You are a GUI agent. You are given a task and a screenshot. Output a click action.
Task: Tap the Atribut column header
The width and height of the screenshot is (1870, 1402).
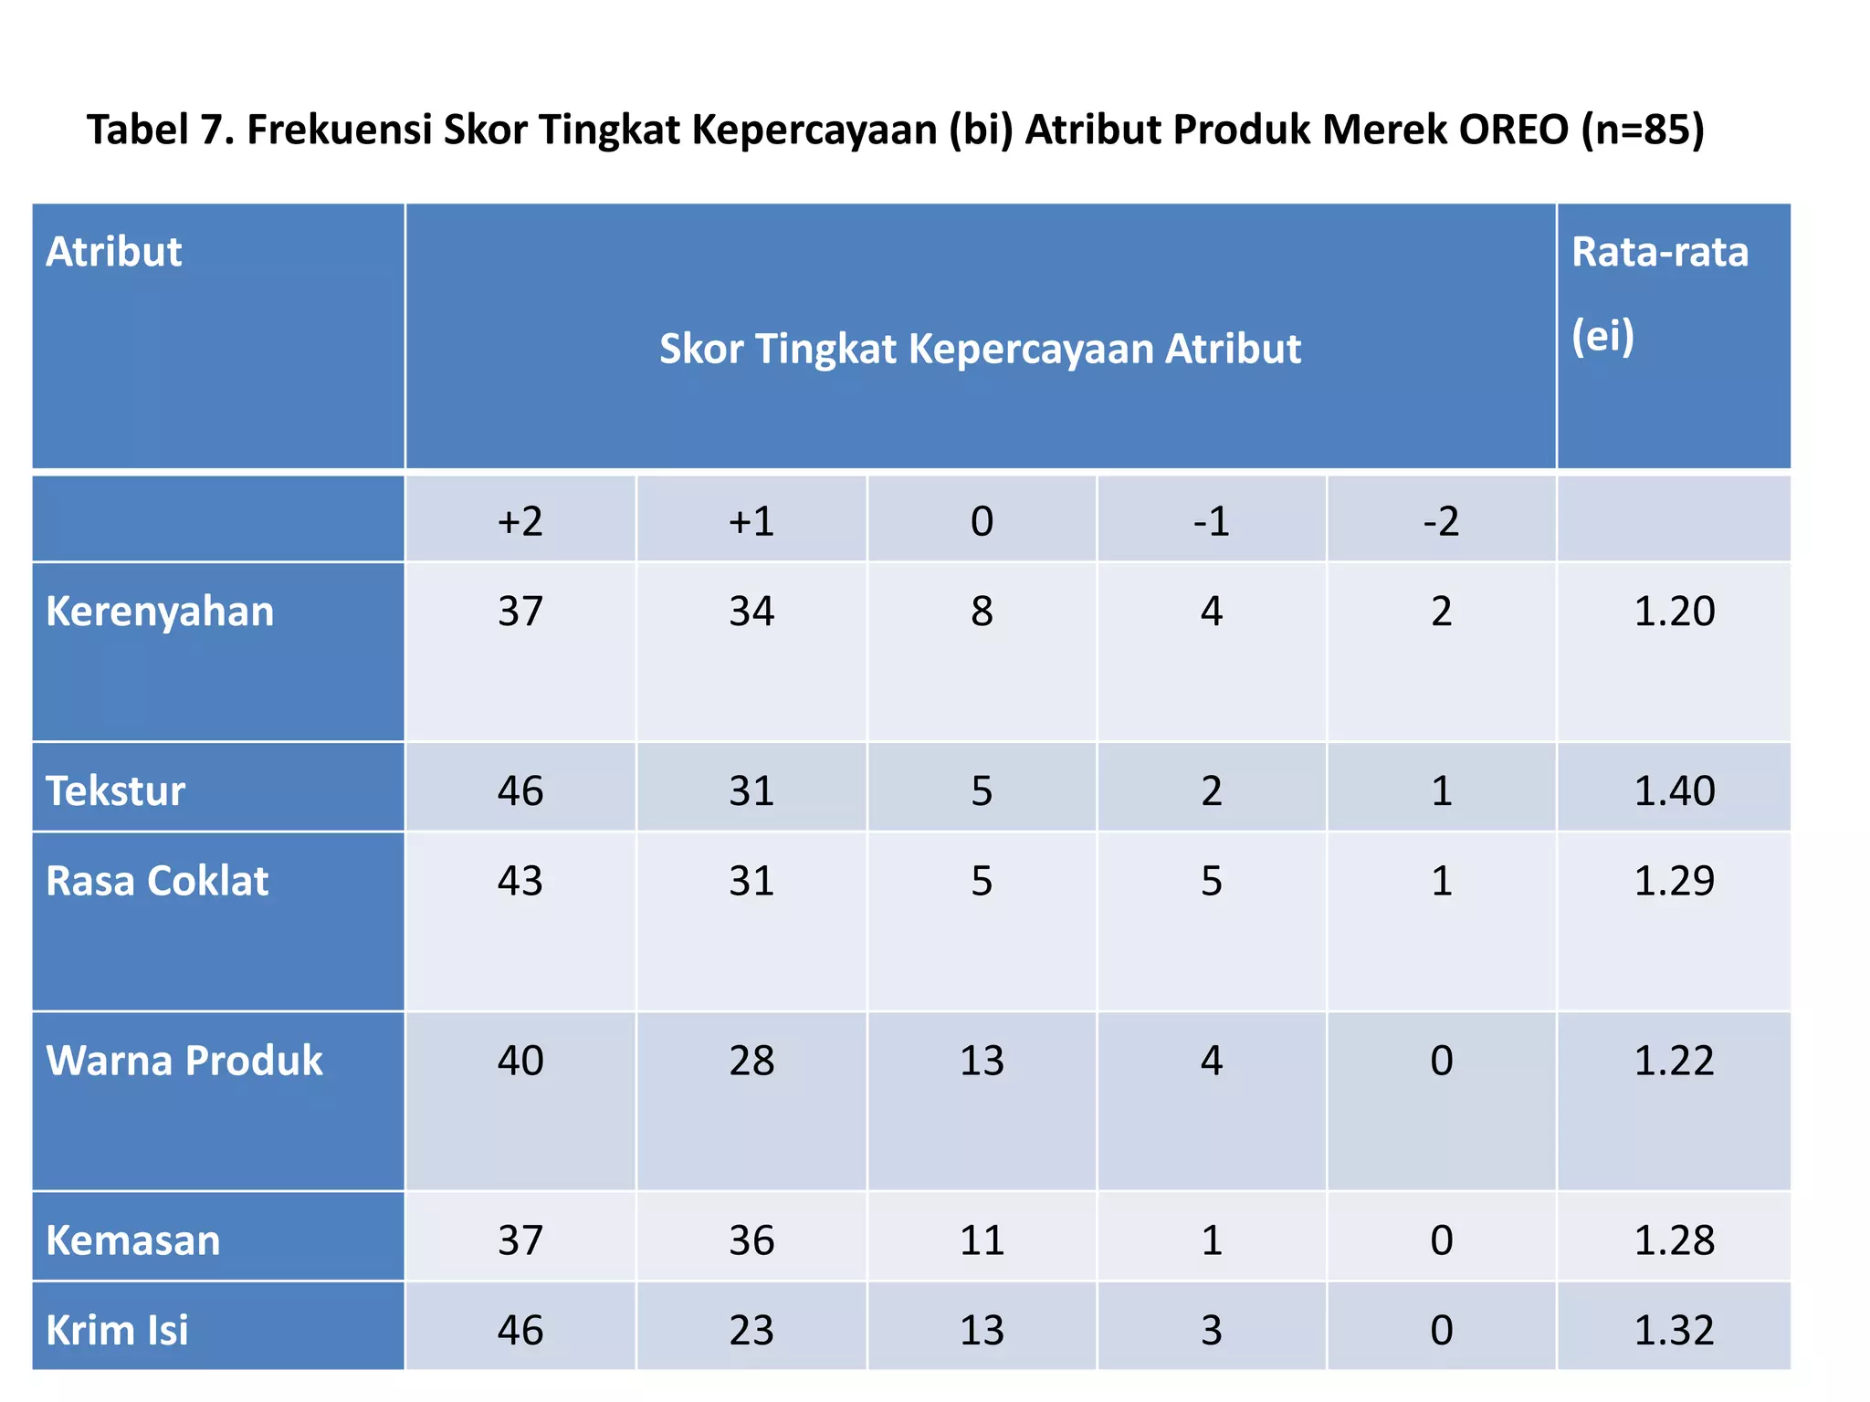tap(114, 252)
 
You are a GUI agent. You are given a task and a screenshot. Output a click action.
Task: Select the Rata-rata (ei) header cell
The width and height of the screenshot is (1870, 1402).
tap(1659, 292)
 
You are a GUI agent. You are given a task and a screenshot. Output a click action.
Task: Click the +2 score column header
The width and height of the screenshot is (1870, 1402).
tap(520, 521)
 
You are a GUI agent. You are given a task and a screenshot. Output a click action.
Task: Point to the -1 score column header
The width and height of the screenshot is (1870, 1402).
tap(1211, 521)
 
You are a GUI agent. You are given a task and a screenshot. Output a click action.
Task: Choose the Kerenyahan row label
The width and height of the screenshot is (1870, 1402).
tap(160, 612)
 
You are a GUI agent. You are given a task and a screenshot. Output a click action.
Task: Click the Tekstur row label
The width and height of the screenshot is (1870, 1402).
tap(116, 790)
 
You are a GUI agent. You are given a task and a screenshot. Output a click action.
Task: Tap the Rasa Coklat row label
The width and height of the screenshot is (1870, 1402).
tap(157, 881)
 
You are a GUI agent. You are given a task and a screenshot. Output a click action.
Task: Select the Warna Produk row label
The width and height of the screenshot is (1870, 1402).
tap(184, 1061)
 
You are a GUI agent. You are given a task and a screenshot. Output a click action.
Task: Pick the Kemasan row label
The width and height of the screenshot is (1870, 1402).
tap(133, 1240)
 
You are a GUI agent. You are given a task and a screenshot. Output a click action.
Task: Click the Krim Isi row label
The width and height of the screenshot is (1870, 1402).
tap(117, 1330)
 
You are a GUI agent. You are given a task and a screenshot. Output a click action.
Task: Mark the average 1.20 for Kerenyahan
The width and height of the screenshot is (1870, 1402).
tap(1674, 611)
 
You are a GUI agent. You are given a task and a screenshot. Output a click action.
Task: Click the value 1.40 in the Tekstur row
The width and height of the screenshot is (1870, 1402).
tap(1674, 790)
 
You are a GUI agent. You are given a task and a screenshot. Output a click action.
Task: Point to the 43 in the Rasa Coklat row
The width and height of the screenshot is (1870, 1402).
tap(520, 881)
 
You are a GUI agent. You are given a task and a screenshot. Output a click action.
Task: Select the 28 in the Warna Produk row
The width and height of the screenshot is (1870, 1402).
tap(751, 1061)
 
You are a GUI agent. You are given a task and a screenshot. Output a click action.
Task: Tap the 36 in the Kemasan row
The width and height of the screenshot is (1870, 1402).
tap(751, 1240)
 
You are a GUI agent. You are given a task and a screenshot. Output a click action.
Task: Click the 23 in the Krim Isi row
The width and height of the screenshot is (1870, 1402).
tap(751, 1330)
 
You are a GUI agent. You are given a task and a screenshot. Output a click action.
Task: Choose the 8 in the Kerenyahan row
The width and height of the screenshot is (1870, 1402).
tap(982, 611)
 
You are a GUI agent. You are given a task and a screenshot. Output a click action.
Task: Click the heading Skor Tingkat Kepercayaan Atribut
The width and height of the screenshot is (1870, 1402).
tap(980, 349)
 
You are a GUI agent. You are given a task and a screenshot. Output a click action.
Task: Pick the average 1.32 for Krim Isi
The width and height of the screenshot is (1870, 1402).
tap(1674, 1330)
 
